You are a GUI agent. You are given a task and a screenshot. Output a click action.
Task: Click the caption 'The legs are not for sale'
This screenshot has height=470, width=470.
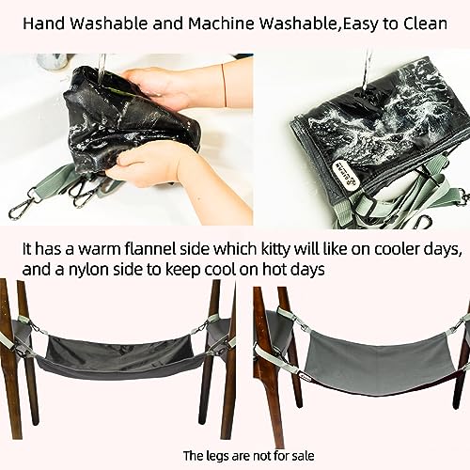point(235,456)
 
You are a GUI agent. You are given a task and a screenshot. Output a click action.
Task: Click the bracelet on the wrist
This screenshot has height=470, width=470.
point(222,80)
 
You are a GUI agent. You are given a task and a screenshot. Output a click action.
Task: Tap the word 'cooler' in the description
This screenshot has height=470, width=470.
point(381,252)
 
